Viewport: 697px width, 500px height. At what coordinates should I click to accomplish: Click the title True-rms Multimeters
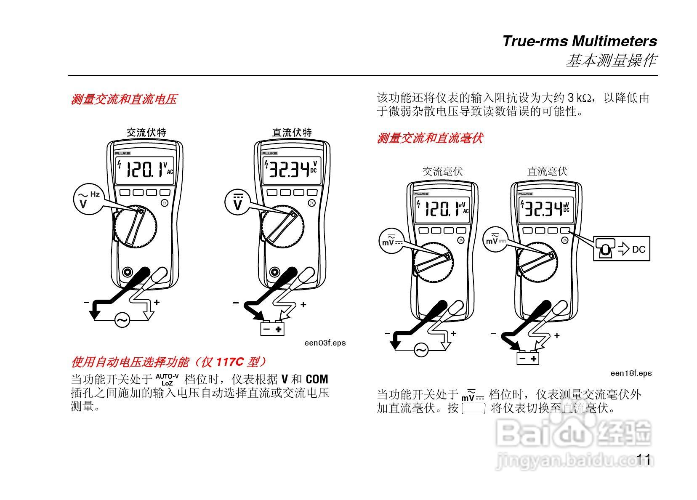tap(579, 41)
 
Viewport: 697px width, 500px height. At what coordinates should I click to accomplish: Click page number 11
tap(644, 460)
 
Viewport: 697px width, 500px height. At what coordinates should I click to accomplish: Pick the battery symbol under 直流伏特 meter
tap(272, 329)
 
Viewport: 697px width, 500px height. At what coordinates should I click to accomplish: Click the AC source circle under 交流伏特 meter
tap(122, 321)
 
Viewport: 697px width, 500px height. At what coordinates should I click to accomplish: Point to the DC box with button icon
tap(621, 249)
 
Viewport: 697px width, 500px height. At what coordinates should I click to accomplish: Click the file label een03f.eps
tap(325, 343)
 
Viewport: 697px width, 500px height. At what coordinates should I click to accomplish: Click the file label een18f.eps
tap(631, 373)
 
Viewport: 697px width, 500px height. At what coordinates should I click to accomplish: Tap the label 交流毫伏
tap(442, 171)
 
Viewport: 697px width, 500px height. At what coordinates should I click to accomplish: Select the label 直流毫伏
tap(547, 171)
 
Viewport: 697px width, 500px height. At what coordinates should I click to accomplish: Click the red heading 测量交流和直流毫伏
tap(429, 138)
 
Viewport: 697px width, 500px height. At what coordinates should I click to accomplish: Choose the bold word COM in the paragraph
tap(317, 379)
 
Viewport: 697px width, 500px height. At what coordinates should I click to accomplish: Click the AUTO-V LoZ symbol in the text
tap(167, 380)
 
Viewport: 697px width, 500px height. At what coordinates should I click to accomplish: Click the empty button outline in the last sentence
tap(474, 409)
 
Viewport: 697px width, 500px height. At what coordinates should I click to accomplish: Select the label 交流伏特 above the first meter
tap(146, 133)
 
